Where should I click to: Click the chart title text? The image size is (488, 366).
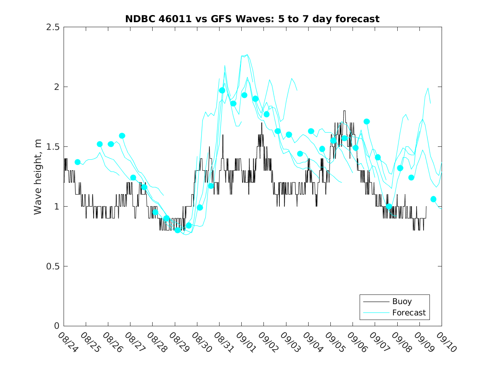click(252, 19)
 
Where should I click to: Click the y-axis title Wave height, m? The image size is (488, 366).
click(38, 177)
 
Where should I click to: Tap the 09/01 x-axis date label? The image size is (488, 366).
click(244, 342)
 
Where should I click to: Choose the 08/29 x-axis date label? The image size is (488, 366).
click(177, 342)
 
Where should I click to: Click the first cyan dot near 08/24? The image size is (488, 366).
click(77, 162)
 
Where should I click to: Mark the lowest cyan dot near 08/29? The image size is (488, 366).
click(178, 230)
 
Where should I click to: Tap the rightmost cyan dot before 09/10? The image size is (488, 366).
click(433, 199)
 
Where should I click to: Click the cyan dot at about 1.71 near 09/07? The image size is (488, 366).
click(367, 122)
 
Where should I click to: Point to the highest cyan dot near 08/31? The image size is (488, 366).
click(222, 90)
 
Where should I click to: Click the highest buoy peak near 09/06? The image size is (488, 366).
click(345, 111)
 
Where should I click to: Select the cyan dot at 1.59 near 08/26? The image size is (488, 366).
click(122, 136)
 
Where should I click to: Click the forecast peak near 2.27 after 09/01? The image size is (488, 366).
click(247, 54)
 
